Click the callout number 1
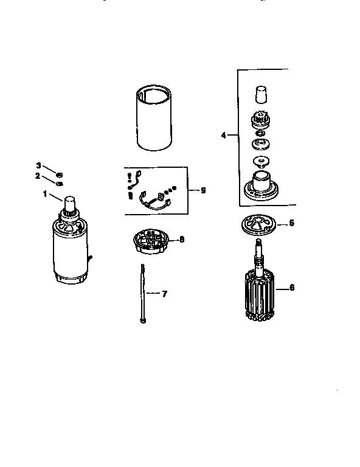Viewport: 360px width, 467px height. [x=44, y=193]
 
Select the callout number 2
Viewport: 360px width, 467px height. [x=38, y=176]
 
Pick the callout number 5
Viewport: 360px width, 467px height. [x=291, y=223]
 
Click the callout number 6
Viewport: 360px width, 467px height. [x=291, y=287]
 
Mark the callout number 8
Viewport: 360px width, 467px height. [x=181, y=240]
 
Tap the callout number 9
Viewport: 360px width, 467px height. [x=203, y=190]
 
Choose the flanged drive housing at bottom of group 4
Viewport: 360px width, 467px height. [x=260, y=184]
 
